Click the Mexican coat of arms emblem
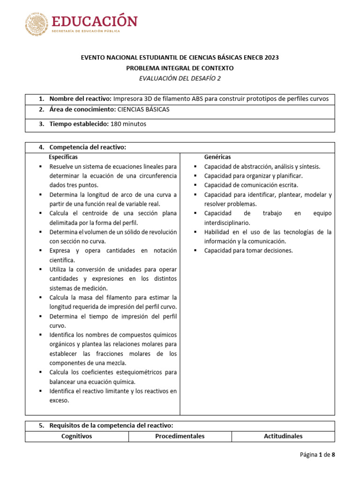point(36,24)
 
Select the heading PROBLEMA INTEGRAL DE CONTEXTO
point(180,68)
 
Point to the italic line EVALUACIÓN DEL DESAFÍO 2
point(180,78)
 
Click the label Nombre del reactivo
point(80,99)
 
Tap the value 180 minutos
point(128,124)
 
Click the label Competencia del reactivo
point(88,147)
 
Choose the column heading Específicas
point(63,157)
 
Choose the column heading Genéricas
point(217,157)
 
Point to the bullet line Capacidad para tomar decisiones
point(248,251)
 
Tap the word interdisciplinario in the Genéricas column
point(227,223)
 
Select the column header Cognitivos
point(77,436)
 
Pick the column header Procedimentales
point(180,436)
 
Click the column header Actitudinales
point(283,436)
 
